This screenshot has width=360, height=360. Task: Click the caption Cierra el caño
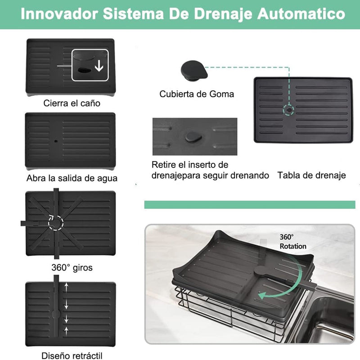pyautogui.click(x=72, y=103)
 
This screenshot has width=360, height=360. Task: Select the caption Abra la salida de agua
pyautogui.click(x=72, y=178)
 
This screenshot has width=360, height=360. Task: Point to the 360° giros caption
pyautogui.click(x=72, y=268)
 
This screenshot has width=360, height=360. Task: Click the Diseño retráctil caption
pyautogui.click(x=72, y=355)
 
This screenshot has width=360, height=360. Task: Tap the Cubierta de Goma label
pyautogui.click(x=197, y=94)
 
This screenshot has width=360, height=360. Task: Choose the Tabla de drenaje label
pyautogui.click(x=312, y=175)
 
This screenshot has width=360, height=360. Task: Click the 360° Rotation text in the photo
pyautogui.click(x=292, y=241)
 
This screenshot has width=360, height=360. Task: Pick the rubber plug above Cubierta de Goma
pyautogui.click(x=193, y=70)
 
